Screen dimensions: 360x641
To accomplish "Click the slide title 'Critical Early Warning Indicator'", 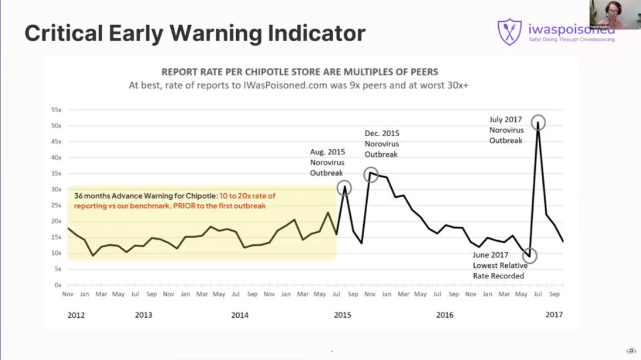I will pyautogui.click(x=194, y=33).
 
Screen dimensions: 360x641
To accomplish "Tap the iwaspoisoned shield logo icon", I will pyautogui.click(x=509, y=32).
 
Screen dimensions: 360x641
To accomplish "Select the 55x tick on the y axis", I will pyautogui.click(x=57, y=110).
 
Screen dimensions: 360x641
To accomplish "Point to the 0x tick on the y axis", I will pyautogui.click(x=58, y=285).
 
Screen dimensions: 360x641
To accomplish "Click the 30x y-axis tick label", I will pyautogui.click(x=57, y=190).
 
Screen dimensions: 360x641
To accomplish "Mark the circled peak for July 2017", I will pyautogui.click(x=538, y=122).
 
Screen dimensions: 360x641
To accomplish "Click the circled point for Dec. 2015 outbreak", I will pyautogui.click(x=370, y=174).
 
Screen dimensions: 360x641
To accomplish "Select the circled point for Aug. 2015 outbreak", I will pyautogui.click(x=344, y=187).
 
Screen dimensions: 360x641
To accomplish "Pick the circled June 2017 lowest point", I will pyautogui.click(x=530, y=255).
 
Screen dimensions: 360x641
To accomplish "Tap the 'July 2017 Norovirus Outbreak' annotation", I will pyautogui.click(x=505, y=130).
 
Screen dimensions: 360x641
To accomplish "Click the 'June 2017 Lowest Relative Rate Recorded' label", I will pyautogui.click(x=500, y=265).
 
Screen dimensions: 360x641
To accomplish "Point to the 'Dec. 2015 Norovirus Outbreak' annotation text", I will pyautogui.click(x=381, y=144).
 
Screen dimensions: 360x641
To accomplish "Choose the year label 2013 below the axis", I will pyautogui.click(x=143, y=315).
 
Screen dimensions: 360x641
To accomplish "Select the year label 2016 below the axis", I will pyautogui.click(x=445, y=315).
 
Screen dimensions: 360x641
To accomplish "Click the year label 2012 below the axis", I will pyautogui.click(x=76, y=315).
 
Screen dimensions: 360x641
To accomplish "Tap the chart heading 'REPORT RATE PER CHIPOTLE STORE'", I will pyautogui.click(x=300, y=72).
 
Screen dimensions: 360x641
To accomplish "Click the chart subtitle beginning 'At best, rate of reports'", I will pyautogui.click(x=300, y=86).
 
